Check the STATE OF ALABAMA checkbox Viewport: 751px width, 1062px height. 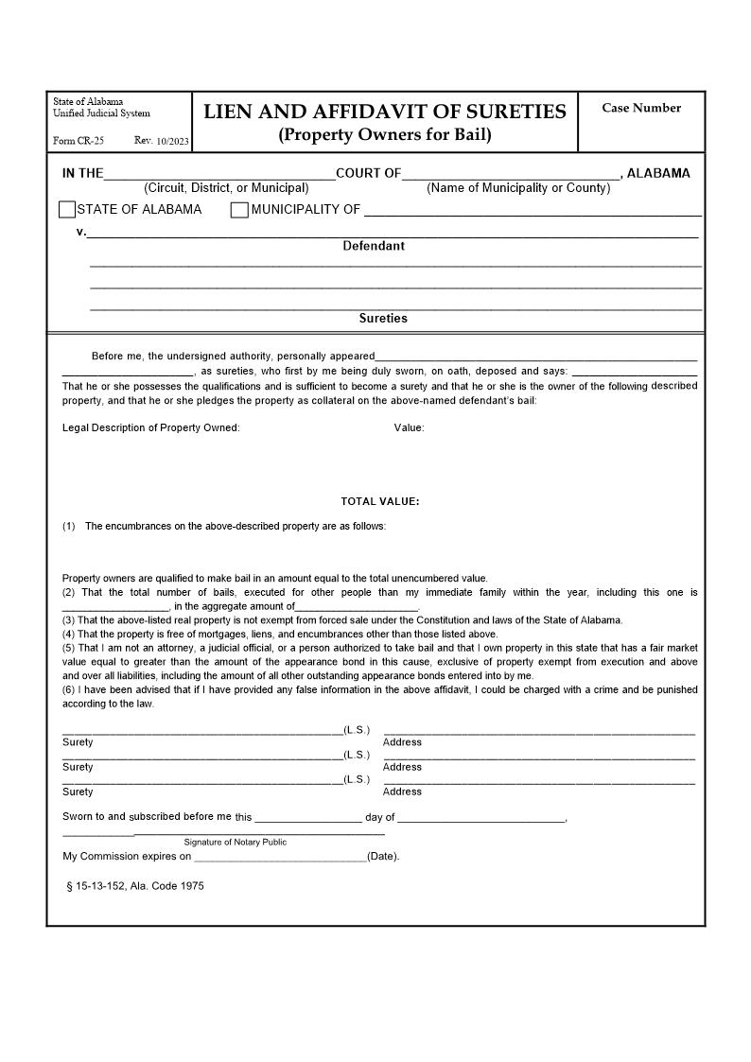point(67,210)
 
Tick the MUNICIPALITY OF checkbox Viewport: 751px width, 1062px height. point(239,210)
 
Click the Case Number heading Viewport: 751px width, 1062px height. point(641,108)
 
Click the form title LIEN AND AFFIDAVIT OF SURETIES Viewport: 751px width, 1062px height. point(385,112)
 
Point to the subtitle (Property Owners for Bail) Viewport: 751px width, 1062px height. point(385,134)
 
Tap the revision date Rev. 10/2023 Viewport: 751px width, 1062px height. point(162,141)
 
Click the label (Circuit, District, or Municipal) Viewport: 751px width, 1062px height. point(226,188)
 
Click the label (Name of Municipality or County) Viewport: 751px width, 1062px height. point(518,188)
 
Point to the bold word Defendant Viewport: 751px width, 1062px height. point(374,246)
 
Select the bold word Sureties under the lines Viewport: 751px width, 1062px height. point(383,319)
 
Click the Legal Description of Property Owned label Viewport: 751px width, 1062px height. point(151,427)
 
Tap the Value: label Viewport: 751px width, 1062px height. point(410,427)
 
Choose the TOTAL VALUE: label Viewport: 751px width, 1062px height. point(380,501)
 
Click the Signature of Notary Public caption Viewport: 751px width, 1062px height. point(236,842)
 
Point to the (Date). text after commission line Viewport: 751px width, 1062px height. point(383,857)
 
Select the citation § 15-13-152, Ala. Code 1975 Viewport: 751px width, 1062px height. point(134,886)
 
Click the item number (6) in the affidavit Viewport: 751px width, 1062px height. point(68,689)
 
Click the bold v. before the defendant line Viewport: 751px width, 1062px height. point(81,232)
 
